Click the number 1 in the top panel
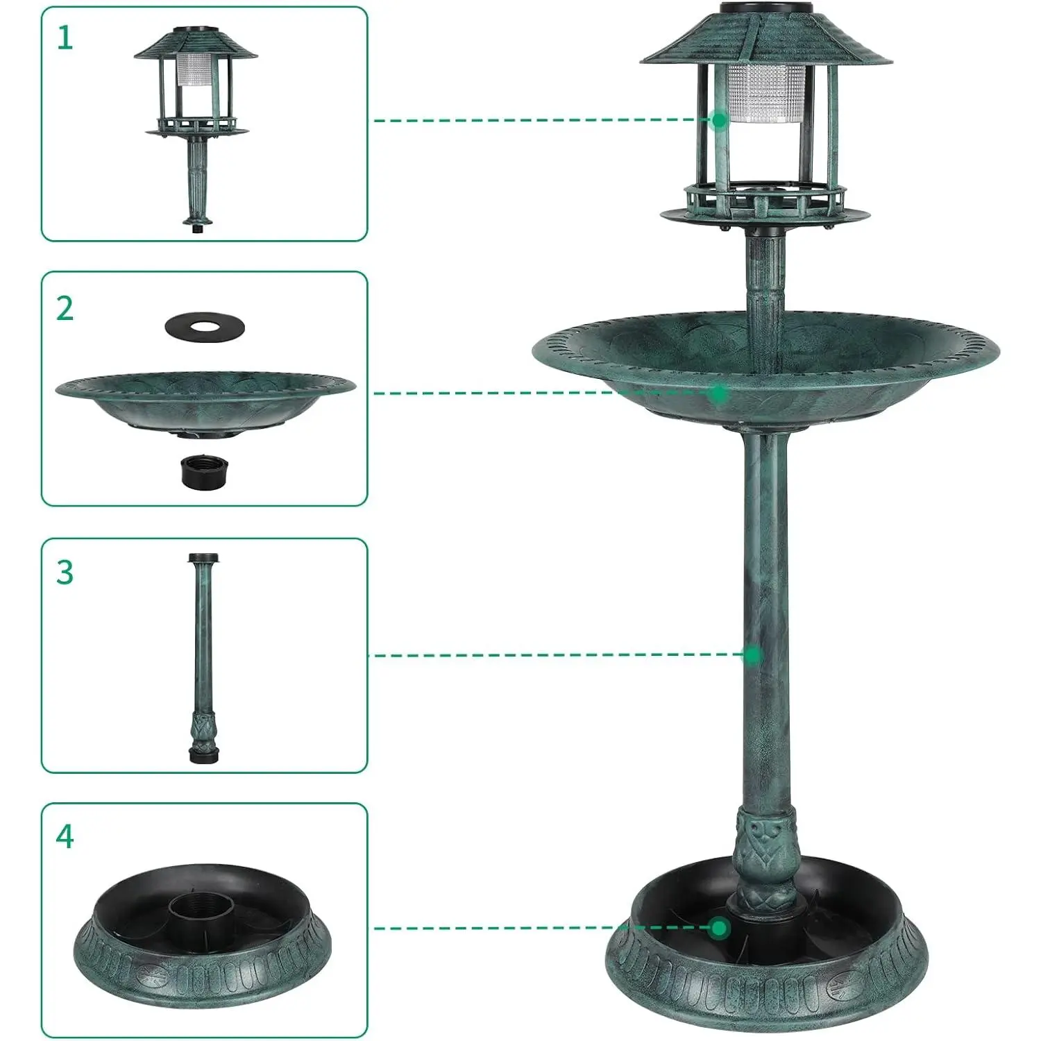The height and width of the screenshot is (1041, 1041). click(65, 37)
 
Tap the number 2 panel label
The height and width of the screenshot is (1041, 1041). click(65, 308)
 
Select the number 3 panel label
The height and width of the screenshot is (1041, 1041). click(65, 573)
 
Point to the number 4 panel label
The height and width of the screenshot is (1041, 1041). click(65, 837)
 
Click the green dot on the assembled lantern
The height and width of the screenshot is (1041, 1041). click(719, 120)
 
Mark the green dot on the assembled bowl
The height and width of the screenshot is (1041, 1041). click(719, 393)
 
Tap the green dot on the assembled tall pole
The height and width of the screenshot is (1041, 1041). click(752, 654)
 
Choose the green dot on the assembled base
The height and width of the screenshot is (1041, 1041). click(720, 927)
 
